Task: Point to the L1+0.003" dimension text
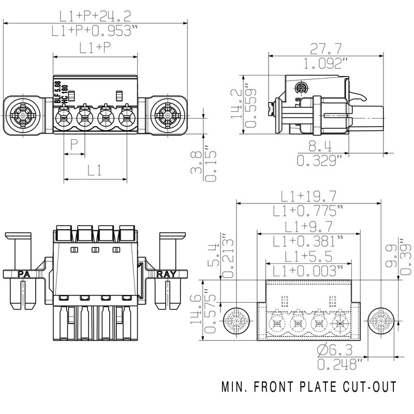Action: point(308,270)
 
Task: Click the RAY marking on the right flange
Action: point(167,274)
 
